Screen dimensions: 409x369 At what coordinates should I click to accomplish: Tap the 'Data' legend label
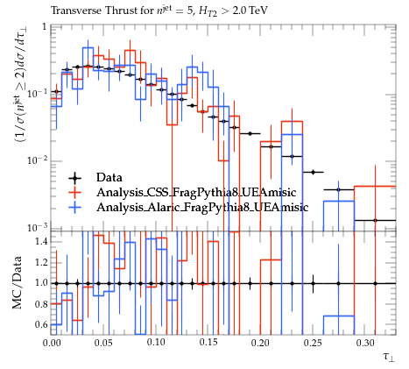pyautogui.click(x=109, y=177)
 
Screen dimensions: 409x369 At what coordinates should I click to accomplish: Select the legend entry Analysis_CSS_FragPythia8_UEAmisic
pyautogui.click(x=196, y=192)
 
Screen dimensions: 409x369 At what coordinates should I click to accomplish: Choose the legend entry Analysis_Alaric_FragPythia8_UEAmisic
pyautogui.click(x=202, y=207)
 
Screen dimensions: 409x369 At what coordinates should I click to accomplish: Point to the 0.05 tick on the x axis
pyautogui.click(x=103, y=343)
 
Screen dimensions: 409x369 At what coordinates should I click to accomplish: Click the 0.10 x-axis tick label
pyautogui.click(x=156, y=343)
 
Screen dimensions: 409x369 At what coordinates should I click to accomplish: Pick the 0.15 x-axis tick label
pyautogui.click(x=208, y=343)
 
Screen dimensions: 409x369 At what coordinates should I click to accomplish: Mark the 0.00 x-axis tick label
pyautogui.click(x=52, y=343)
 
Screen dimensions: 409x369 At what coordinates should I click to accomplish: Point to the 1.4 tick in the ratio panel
pyautogui.click(x=41, y=242)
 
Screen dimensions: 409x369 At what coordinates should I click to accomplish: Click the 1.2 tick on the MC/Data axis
pyautogui.click(x=41, y=262)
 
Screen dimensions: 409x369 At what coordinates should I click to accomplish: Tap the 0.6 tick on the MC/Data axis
pyautogui.click(x=41, y=324)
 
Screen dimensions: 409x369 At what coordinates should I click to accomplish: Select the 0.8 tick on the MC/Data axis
pyautogui.click(x=41, y=304)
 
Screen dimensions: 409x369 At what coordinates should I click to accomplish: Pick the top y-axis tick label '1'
pyautogui.click(x=45, y=27)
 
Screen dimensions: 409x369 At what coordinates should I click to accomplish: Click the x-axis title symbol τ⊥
pyautogui.click(x=389, y=357)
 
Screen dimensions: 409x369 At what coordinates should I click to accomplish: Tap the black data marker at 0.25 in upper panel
pyautogui.click(x=314, y=172)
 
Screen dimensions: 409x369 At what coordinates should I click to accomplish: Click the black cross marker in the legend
pyautogui.click(x=74, y=178)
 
